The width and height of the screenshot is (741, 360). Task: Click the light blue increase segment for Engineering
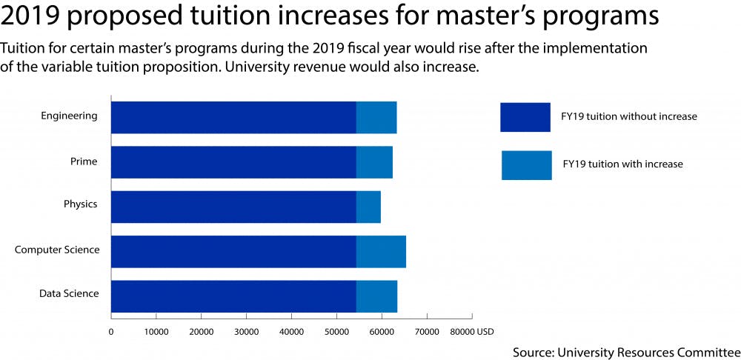(376, 117)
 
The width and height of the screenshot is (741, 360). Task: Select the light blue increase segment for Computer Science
(381, 251)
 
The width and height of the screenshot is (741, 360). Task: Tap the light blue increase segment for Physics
(368, 207)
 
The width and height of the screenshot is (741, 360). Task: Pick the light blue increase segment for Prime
(374, 162)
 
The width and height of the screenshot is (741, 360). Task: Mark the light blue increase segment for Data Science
(376, 296)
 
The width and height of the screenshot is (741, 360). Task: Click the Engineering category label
(69, 116)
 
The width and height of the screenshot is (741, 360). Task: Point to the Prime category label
(84, 161)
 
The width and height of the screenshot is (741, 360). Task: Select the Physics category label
(80, 204)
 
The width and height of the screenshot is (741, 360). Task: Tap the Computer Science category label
(57, 250)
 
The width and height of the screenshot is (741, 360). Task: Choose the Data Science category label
(69, 294)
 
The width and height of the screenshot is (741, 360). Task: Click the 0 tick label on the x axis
(111, 333)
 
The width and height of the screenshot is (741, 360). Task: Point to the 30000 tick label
(246, 333)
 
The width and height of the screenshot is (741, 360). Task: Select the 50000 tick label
(336, 333)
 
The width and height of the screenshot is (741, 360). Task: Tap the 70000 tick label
(427, 333)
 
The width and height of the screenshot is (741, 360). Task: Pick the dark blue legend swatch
(525, 117)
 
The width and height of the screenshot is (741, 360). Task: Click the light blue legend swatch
(526, 165)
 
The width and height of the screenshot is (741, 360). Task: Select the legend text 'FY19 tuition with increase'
(622, 164)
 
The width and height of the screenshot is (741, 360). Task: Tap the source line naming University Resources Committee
(626, 351)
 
